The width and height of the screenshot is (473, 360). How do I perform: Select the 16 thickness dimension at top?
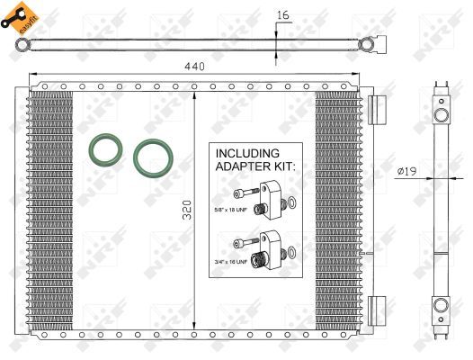tap(283, 14)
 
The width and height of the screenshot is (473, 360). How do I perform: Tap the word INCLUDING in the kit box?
tap(247, 154)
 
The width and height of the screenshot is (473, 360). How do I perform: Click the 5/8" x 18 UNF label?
tap(230, 211)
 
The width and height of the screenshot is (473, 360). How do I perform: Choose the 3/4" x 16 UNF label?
tap(230, 262)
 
